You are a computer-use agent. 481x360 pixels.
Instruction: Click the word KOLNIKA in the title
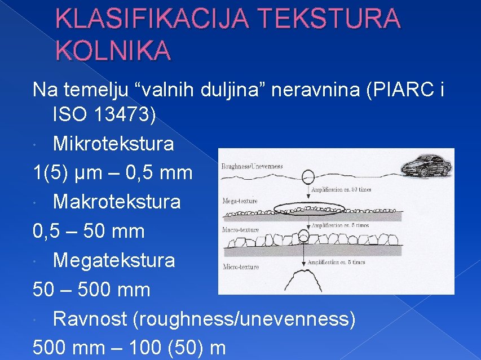pyautogui.click(x=113, y=50)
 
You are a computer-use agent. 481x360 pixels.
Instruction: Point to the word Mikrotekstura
pyautogui.click(x=113, y=144)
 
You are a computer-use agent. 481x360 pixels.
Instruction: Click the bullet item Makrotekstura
pyautogui.click(x=117, y=202)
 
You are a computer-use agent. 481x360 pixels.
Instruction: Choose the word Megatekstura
pyautogui.click(x=114, y=260)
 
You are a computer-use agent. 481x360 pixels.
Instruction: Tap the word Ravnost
pyautogui.click(x=90, y=319)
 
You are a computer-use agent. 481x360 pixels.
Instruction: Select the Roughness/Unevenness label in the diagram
pyautogui.click(x=252, y=166)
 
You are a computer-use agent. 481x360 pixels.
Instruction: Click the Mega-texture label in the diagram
pyautogui.click(x=240, y=201)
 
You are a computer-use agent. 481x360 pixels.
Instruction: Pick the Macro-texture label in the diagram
pyautogui.click(x=241, y=230)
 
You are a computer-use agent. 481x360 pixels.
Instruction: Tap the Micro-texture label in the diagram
pyautogui.click(x=241, y=266)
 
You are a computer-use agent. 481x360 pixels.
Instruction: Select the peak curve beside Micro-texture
pyautogui.click(x=305, y=277)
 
